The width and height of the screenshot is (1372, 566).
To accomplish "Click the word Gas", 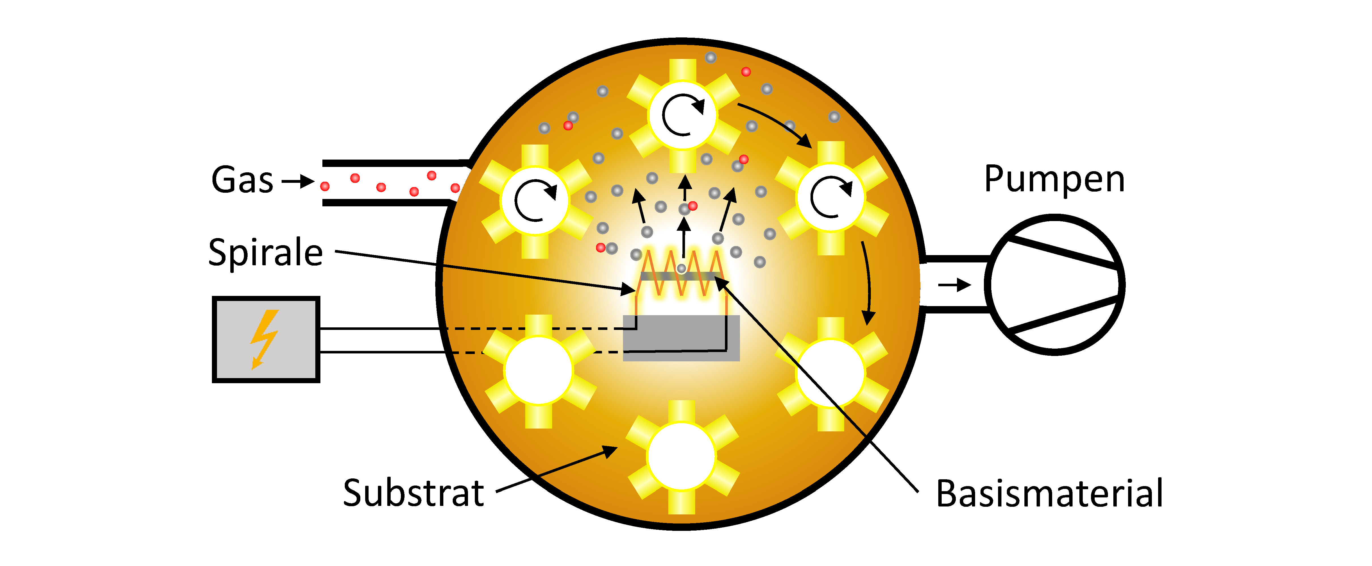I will coord(242,180).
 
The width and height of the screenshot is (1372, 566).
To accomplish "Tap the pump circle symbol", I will coord(1054,285).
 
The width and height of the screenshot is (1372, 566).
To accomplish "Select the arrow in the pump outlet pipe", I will coord(954,285).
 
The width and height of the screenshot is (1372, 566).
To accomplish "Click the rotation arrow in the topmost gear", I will coord(683,115).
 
